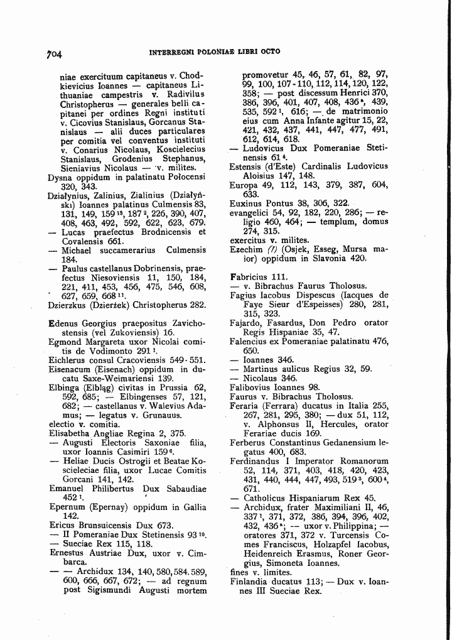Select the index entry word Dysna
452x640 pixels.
click(x=61, y=178)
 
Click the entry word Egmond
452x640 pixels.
click(x=65, y=342)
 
